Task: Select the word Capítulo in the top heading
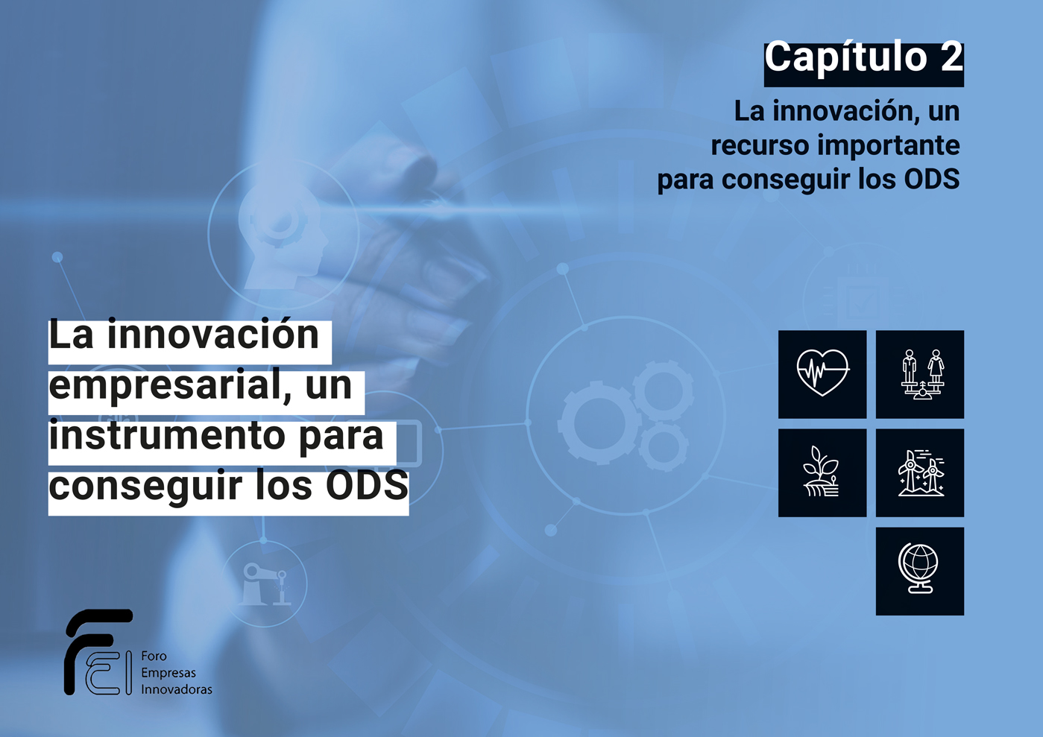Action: click(846, 57)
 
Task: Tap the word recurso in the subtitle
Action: click(761, 145)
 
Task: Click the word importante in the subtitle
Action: click(889, 145)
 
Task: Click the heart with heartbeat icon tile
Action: click(822, 374)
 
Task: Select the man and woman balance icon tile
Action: click(919, 374)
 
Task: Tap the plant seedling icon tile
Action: click(822, 472)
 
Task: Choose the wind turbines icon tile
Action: click(919, 472)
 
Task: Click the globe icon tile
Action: click(919, 571)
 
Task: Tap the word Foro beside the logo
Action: click(154, 656)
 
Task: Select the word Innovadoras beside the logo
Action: click(177, 689)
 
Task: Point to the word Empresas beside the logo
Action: click(168, 673)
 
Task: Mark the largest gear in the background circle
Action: click(599, 423)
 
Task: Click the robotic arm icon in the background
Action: click(264, 584)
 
